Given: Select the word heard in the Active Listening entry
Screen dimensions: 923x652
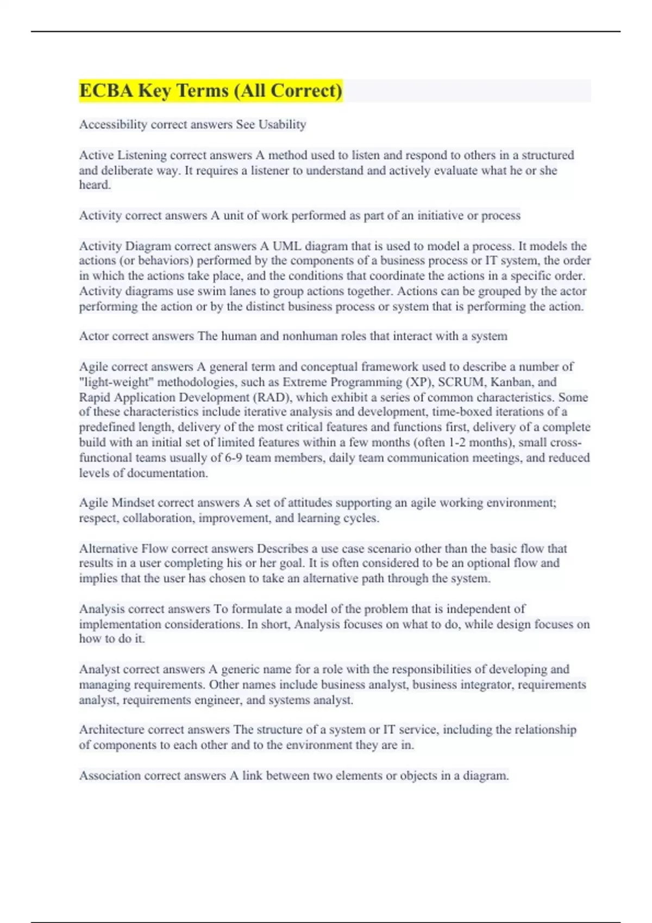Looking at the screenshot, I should pyautogui.click(x=95, y=185).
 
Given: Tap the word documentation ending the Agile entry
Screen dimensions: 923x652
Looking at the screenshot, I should pyautogui.click(x=172, y=473).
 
